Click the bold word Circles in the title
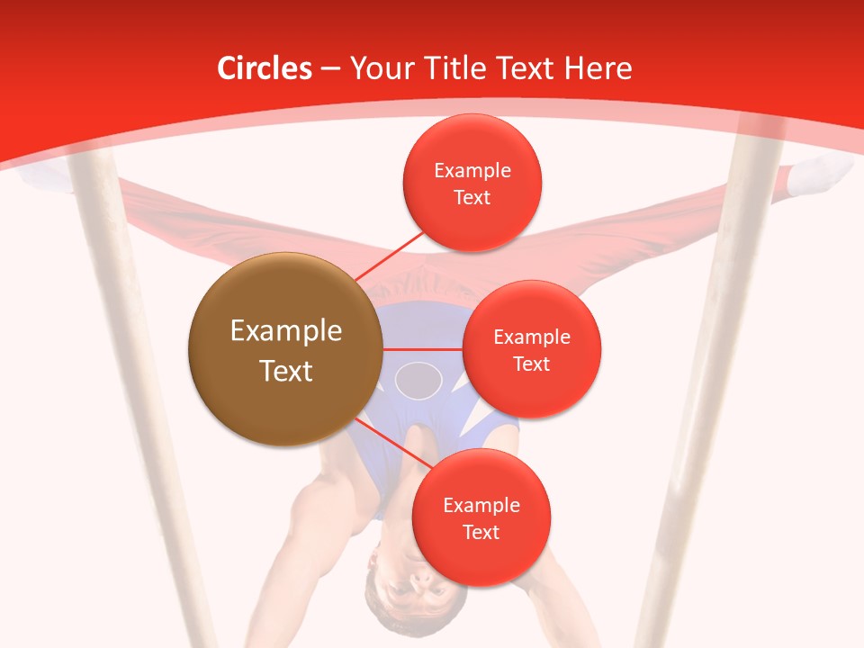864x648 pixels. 265,67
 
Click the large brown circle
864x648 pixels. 285,349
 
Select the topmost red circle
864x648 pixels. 472,183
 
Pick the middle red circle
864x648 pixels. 531,349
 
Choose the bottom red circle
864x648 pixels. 481,517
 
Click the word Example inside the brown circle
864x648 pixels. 285,331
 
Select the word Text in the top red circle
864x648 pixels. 472,197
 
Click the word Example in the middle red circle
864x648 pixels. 531,337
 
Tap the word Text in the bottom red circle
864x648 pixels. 481,532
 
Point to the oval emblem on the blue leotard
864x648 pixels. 418,380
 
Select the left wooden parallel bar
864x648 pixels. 135,405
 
